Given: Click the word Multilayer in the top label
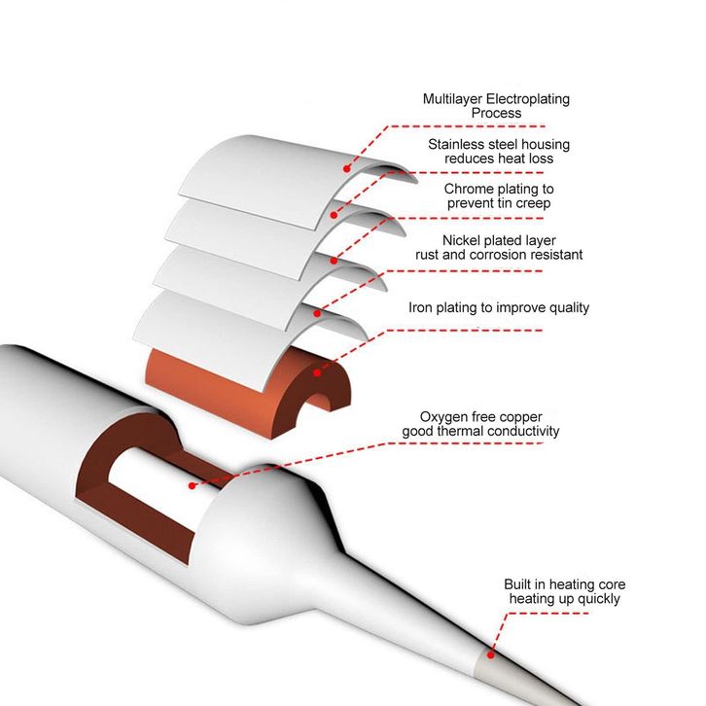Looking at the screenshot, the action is (453, 99).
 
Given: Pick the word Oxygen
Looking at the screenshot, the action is (443, 416).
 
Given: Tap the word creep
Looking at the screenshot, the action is (534, 203).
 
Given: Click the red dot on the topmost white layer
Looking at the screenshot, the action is (344, 167).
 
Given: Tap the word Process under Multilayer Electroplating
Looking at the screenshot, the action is (496, 113).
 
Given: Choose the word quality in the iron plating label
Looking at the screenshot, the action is (566, 307).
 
